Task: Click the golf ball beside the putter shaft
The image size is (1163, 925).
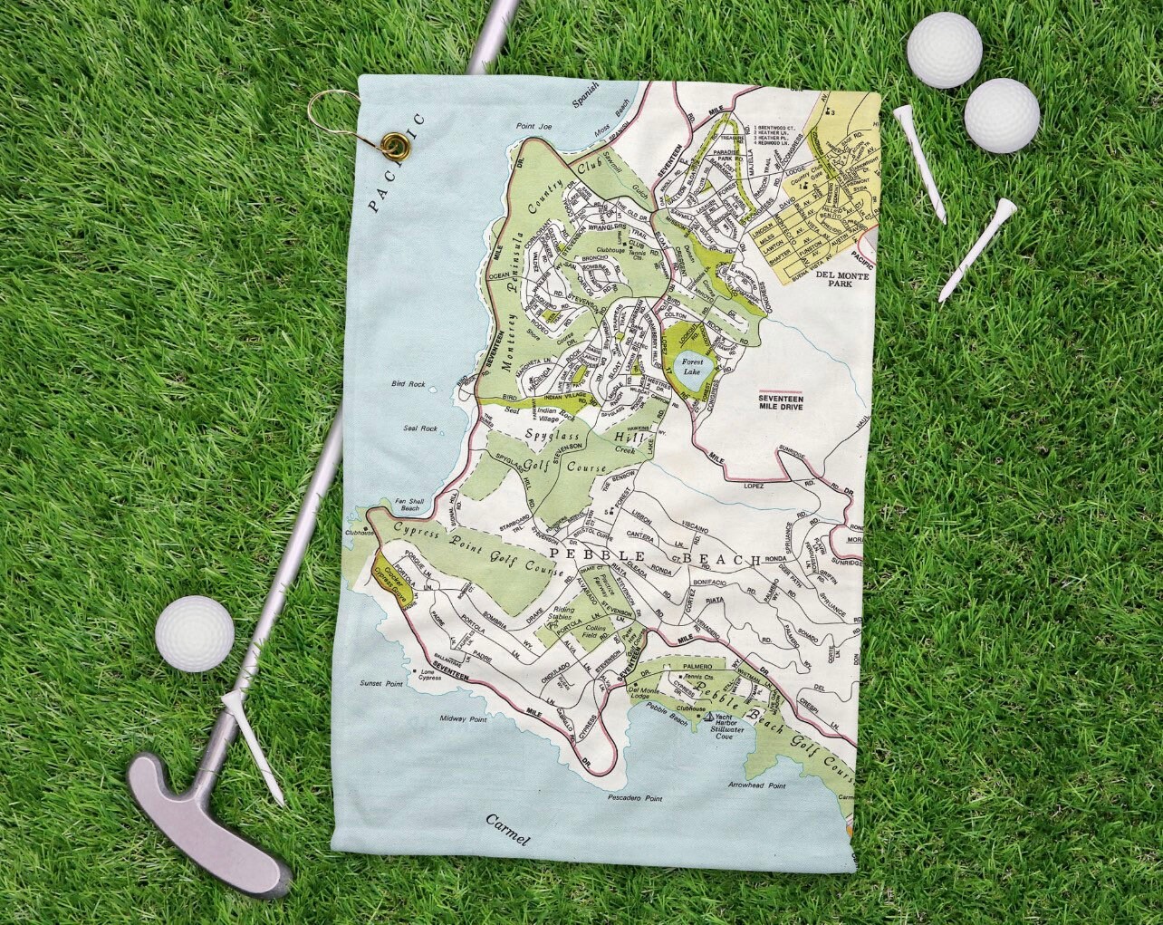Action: click(x=195, y=633)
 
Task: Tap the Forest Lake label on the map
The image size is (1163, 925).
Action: click(x=693, y=366)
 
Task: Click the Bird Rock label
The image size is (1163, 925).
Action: click(x=408, y=384)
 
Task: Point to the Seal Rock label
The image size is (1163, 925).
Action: click(x=420, y=429)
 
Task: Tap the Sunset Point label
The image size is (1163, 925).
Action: click(x=382, y=683)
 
